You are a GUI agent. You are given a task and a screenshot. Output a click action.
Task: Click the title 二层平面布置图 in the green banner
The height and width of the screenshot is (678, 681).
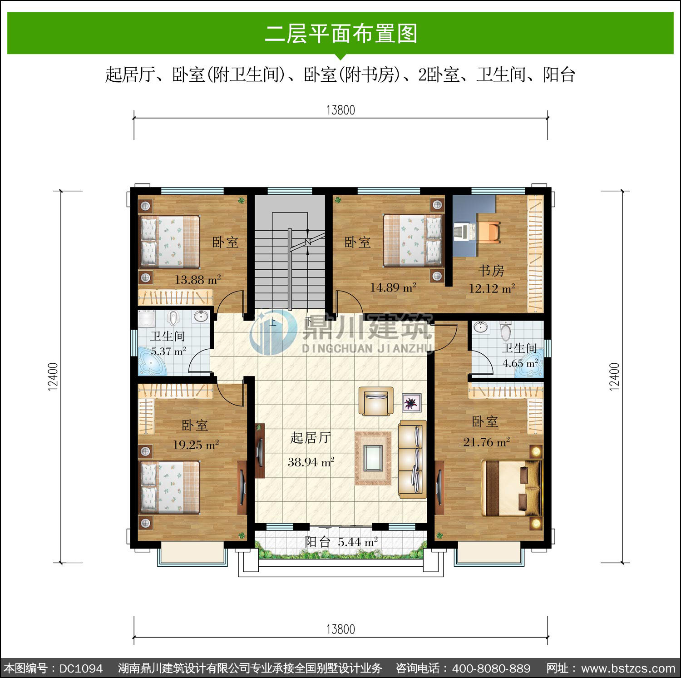pos(341,34)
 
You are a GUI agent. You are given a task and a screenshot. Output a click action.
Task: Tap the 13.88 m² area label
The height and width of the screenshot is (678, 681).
pos(198,280)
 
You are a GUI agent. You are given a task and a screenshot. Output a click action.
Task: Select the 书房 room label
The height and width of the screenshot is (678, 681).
pos(491,271)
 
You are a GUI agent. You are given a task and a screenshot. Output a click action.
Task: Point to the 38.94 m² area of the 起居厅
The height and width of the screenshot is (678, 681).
pos(311,462)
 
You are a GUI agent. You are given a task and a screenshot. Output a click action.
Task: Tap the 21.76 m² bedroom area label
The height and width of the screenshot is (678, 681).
pos(487,442)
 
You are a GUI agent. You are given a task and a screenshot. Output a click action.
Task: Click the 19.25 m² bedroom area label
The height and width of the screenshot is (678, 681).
pos(196,445)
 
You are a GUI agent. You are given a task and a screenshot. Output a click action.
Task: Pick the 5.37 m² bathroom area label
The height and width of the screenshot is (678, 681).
pos(168,351)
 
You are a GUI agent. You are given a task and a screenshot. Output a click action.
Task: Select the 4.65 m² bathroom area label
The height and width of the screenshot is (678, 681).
pos(520,363)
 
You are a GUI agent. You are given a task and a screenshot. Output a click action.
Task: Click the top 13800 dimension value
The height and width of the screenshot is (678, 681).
pos(340,110)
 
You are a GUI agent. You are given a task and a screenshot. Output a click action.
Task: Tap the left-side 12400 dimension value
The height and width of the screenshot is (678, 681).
pos(53,376)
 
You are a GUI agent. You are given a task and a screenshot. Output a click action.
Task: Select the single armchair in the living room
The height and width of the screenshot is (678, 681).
pos(376,401)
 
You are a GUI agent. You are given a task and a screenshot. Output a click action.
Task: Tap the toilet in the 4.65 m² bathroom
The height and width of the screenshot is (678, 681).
pos(506,331)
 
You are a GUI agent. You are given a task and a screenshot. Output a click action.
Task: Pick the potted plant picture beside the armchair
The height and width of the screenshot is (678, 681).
pos(412,403)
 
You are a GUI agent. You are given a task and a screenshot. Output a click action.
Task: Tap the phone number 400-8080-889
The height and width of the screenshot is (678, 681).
pos(491,668)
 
